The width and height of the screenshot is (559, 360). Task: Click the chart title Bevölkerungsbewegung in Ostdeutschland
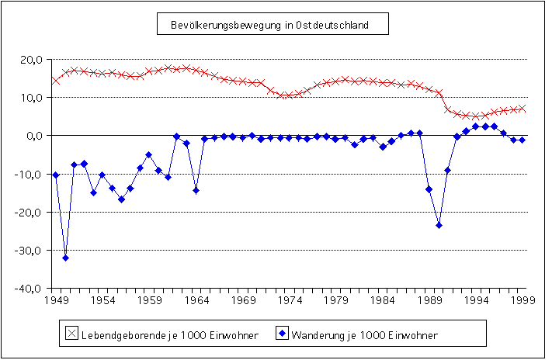[x=269, y=25]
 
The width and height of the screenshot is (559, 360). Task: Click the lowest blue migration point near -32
[x=65, y=258]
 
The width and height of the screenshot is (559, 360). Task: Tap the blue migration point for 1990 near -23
[x=439, y=225]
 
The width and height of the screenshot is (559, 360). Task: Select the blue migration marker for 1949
[x=56, y=175]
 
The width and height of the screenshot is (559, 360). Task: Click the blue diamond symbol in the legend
[x=283, y=334]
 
